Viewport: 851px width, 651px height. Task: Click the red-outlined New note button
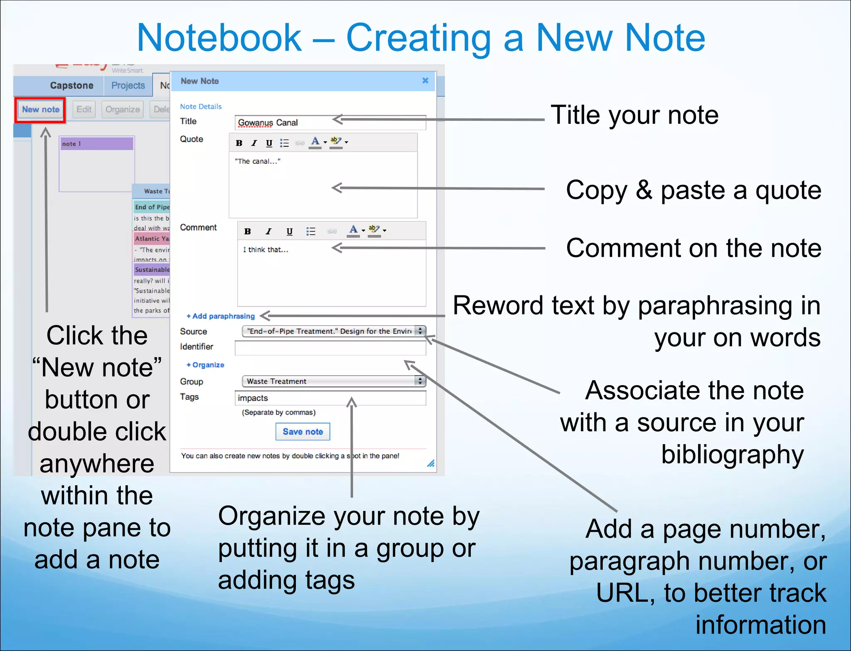coord(41,110)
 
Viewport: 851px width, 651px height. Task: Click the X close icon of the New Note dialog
coord(425,81)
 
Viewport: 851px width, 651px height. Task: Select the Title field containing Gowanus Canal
coord(330,123)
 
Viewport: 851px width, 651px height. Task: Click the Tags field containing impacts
coord(330,398)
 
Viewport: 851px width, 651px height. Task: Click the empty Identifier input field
coord(330,348)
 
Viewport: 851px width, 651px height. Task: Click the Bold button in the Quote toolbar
coord(239,143)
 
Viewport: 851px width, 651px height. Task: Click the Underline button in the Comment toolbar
coord(290,231)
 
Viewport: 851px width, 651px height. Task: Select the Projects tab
coord(128,86)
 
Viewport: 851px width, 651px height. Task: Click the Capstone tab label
coord(71,86)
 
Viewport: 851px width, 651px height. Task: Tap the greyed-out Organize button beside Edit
coord(123,110)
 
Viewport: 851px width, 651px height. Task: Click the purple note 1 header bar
coord(97,144)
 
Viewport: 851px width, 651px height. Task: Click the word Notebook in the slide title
coord(219,38)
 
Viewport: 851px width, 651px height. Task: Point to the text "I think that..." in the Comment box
coord(266,250)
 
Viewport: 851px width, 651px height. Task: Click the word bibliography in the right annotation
coord(732,454)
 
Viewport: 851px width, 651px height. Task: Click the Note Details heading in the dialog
coord(201,106)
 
